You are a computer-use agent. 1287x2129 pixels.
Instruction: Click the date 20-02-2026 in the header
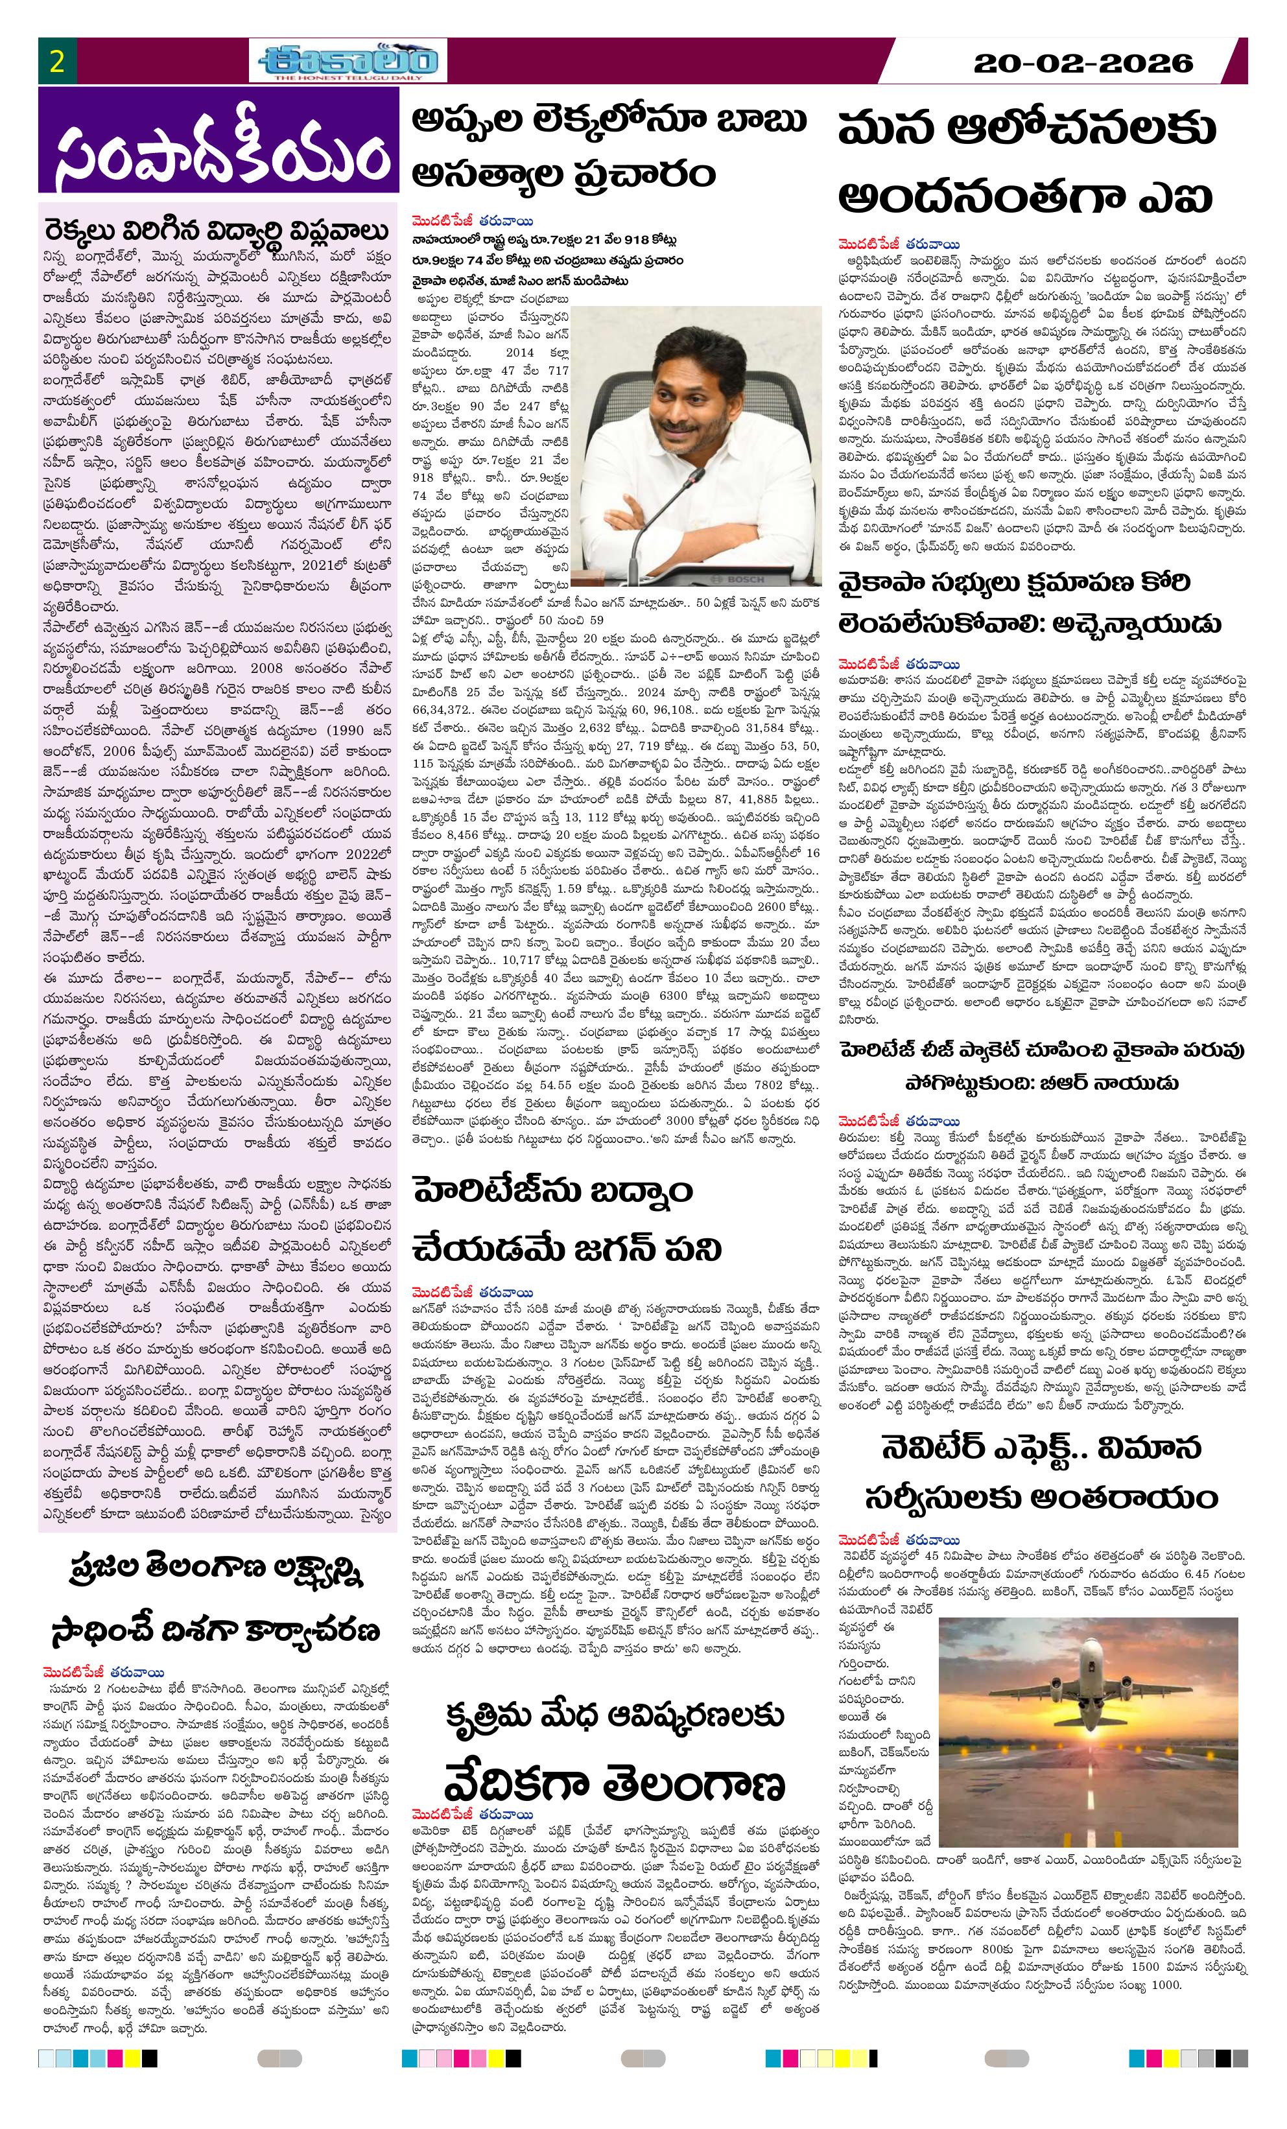[1082, 63]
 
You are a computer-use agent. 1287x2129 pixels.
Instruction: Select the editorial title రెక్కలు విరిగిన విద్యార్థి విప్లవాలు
[216, 231]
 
